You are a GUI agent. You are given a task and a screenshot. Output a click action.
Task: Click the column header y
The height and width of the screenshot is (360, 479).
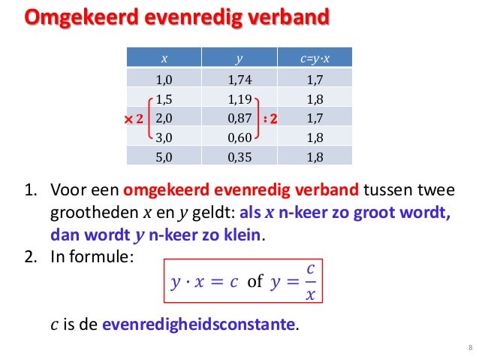click(239, 57)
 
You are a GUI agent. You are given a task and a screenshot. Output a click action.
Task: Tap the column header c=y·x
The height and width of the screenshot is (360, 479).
click(315, 57)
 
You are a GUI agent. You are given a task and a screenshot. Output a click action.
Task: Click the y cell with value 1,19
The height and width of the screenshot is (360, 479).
click(239, 98)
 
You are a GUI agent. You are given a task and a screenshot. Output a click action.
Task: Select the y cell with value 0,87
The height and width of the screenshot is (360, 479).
click(239, 118)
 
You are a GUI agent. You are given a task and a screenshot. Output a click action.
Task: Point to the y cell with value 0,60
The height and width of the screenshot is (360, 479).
click(239, 138)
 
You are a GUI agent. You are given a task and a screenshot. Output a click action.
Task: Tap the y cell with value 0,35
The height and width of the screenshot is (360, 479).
click(239, 157)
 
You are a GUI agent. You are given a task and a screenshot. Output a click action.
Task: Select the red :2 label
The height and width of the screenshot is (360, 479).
click(271, 119)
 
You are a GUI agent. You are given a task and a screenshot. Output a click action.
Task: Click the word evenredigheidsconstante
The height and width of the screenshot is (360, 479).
click(199, 326)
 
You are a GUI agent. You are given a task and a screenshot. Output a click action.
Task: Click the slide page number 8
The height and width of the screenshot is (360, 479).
click(469, 346)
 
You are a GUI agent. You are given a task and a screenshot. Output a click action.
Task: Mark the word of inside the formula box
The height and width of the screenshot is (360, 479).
click(255, 283)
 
